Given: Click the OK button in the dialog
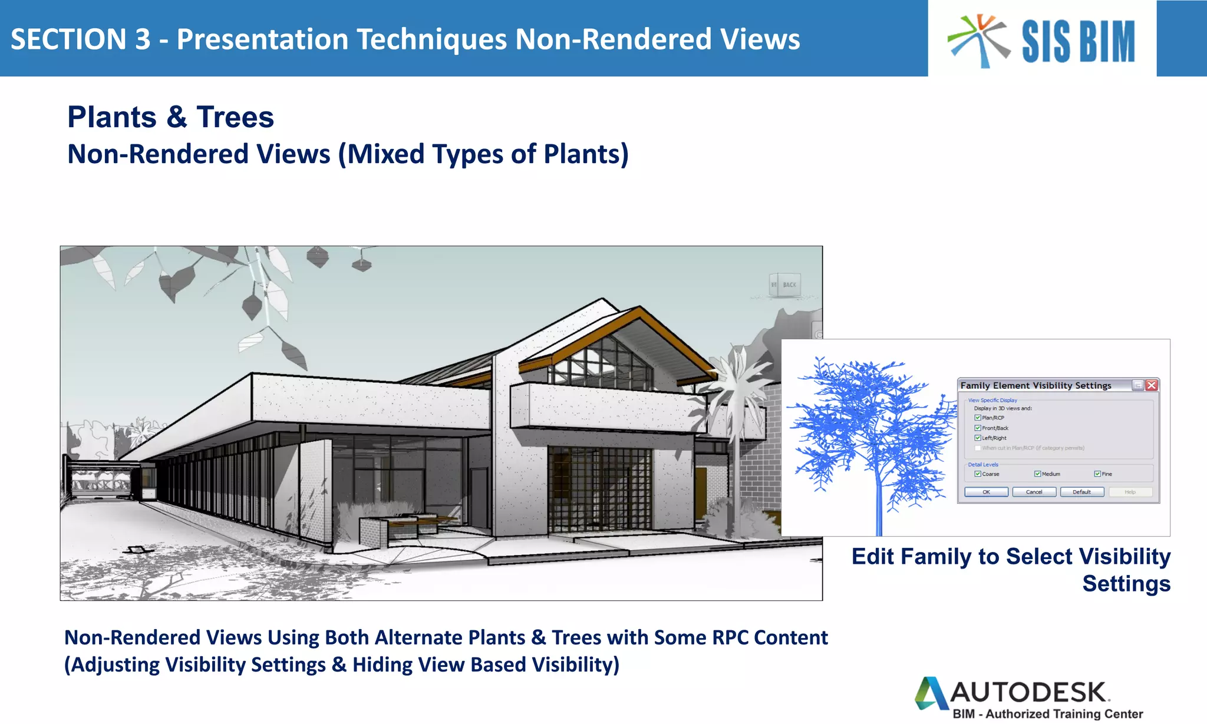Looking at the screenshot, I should coord(986,492).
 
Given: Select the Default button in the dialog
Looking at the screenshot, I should coord(1081,492).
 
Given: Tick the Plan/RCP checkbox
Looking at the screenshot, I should coord(978,418).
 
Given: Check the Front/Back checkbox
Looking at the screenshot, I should coord(978,428).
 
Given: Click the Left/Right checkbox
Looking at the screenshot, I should coord(978,438).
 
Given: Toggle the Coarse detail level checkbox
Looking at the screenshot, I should coord(978,474).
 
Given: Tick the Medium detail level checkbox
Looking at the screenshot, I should coord(1038,474).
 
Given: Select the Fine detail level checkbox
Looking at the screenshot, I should coord(1097,474).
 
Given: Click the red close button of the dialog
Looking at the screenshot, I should coord(1152,385).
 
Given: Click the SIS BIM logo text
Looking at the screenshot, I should coord(1078,41).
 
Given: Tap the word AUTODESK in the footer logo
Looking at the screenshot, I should coord(1028,693).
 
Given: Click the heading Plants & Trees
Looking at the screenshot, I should coord(170,117).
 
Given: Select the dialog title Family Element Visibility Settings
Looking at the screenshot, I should coord(1035,385).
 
